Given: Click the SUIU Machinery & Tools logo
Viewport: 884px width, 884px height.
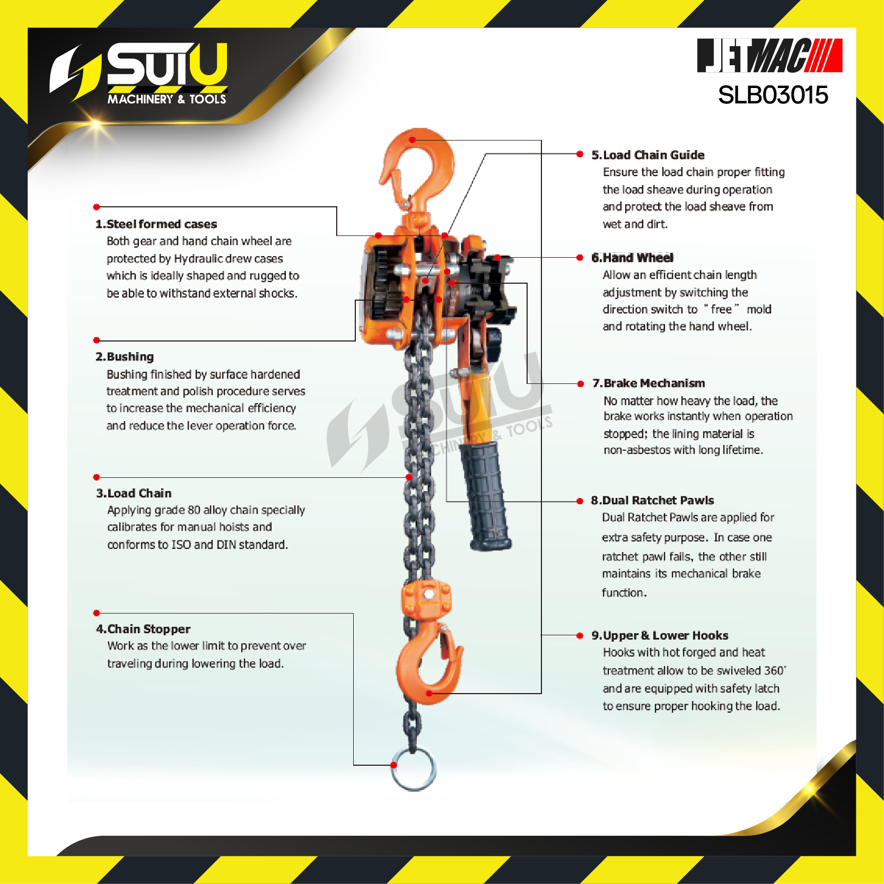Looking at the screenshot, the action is coord(139,73).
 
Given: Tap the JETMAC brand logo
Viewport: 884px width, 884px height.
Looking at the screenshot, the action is coord(769,55).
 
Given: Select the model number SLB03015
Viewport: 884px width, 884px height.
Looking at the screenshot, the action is coord(773,95).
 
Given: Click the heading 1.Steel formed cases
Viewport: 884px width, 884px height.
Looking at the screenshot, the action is coord(156,224).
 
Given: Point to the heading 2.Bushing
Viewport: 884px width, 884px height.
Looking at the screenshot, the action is coord(125,356).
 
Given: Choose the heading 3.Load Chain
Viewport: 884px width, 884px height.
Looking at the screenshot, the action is coord(134,493).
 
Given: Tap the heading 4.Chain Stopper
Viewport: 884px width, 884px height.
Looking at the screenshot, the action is coord(143,629).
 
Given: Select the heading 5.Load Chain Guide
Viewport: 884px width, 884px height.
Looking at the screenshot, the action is coord(648,155).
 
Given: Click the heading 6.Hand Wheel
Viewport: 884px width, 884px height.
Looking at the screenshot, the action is coord(632,258).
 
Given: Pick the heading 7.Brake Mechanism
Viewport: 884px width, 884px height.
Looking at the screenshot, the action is coord(649,383).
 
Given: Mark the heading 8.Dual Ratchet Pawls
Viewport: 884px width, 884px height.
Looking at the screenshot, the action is coord(652,500).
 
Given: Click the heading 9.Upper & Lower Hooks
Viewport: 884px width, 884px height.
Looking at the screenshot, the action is coord(660,635).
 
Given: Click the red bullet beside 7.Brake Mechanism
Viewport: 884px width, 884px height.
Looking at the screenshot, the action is coord(580,383).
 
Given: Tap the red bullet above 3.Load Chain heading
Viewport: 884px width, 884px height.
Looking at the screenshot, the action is coord(97,477).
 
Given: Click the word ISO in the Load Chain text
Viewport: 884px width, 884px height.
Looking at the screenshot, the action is coord(181,545).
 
